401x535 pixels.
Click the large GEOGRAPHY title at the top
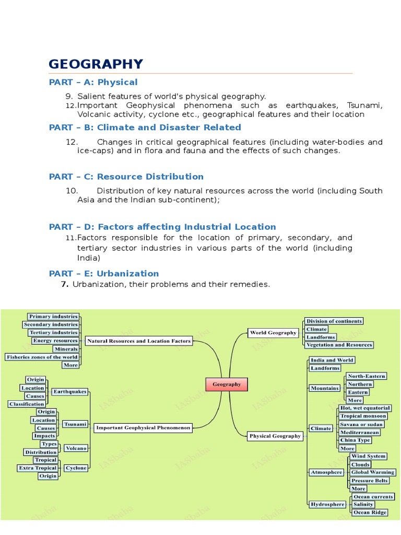coord(96,64)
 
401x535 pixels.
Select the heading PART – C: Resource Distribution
coord(126,177)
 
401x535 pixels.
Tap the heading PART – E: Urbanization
coord(103,273)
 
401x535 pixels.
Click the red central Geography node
coord(226,384)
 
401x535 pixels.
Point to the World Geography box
coord(273,332)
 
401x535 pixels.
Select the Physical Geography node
coord(275,436)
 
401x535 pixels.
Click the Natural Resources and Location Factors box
coord(139,341)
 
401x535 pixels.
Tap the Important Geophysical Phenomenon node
coord(143,428)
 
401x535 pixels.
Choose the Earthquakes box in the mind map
coord(69,391)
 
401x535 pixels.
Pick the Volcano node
coord(76,448)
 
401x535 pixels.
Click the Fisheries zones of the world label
coord(42,357)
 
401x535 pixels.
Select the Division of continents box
coord(334,321)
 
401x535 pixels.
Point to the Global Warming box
coord(373,472)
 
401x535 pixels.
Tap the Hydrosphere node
coord(327,504)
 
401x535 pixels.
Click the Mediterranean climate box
coord(360,432)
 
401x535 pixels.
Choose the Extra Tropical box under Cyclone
coord(38,468)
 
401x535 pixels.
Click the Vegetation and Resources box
coord(339,345)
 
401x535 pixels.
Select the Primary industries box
coord(53,316)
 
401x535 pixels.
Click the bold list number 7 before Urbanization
coord(65,284)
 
